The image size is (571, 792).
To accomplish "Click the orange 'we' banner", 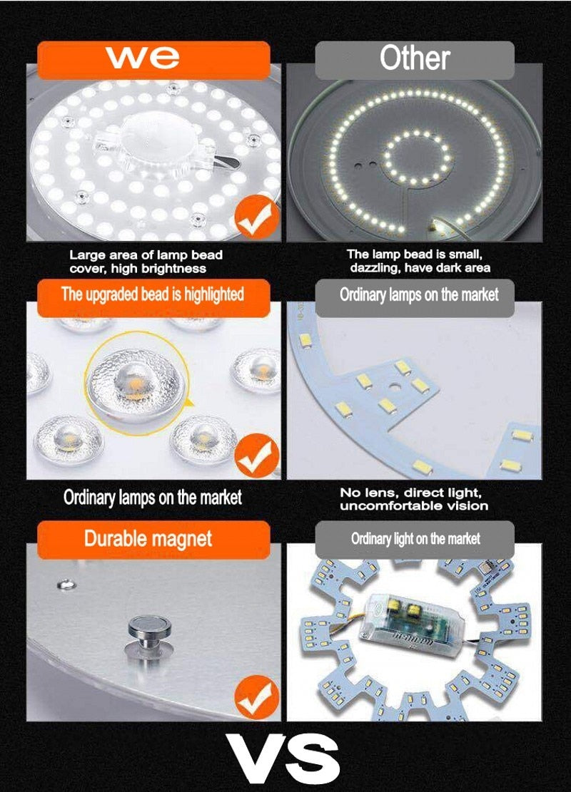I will click(153, 60).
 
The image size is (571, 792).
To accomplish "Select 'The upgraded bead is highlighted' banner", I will click(153, 294).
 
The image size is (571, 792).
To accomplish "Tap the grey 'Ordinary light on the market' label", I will click(415, 539).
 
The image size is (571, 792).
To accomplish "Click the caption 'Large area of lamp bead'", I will click(146, 255).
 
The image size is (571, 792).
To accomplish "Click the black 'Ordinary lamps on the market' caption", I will click(153, 498).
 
